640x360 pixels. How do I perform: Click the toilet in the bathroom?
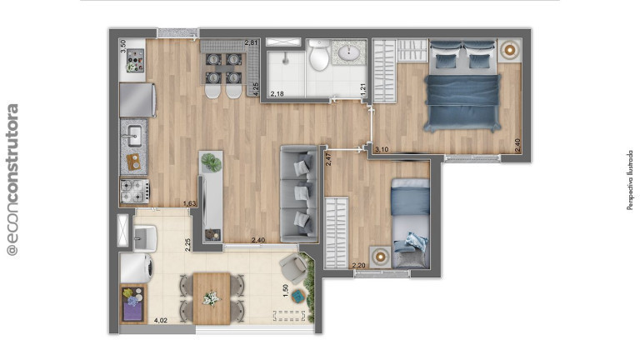pyautogui.click(x=317, y=56)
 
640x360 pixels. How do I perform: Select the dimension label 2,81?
pyautogui.click(x=252, y=42)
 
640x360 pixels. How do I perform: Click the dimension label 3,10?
pyautogui.click(x=382, y=149)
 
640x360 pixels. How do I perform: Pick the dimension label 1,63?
pyautogui.click(x=189, y=203)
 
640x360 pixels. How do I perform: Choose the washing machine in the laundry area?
pyautogui.click(x=134, y=268)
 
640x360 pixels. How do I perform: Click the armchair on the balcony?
pyautogui.click(x=292, y=267)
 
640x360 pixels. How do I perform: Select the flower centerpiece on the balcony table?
pyautogui.click(x=211, y=297)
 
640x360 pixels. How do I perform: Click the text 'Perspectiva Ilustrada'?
pyautogui.click(x=630, y=180)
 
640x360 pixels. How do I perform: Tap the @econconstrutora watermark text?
pyautogui.click(x=12, y=180)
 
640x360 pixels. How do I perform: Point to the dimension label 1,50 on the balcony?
pyautogui.click(x=286, y=291)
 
